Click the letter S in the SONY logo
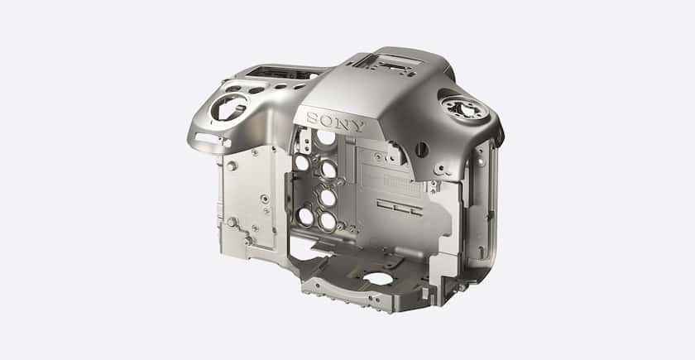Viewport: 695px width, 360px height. pos(314,118)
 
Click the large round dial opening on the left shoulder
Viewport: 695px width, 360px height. pos(228,108)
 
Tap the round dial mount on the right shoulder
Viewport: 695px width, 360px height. pos(464,108)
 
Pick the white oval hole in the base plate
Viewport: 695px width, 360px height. pos(378,278)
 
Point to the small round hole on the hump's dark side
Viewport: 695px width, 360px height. pos(421,150)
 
